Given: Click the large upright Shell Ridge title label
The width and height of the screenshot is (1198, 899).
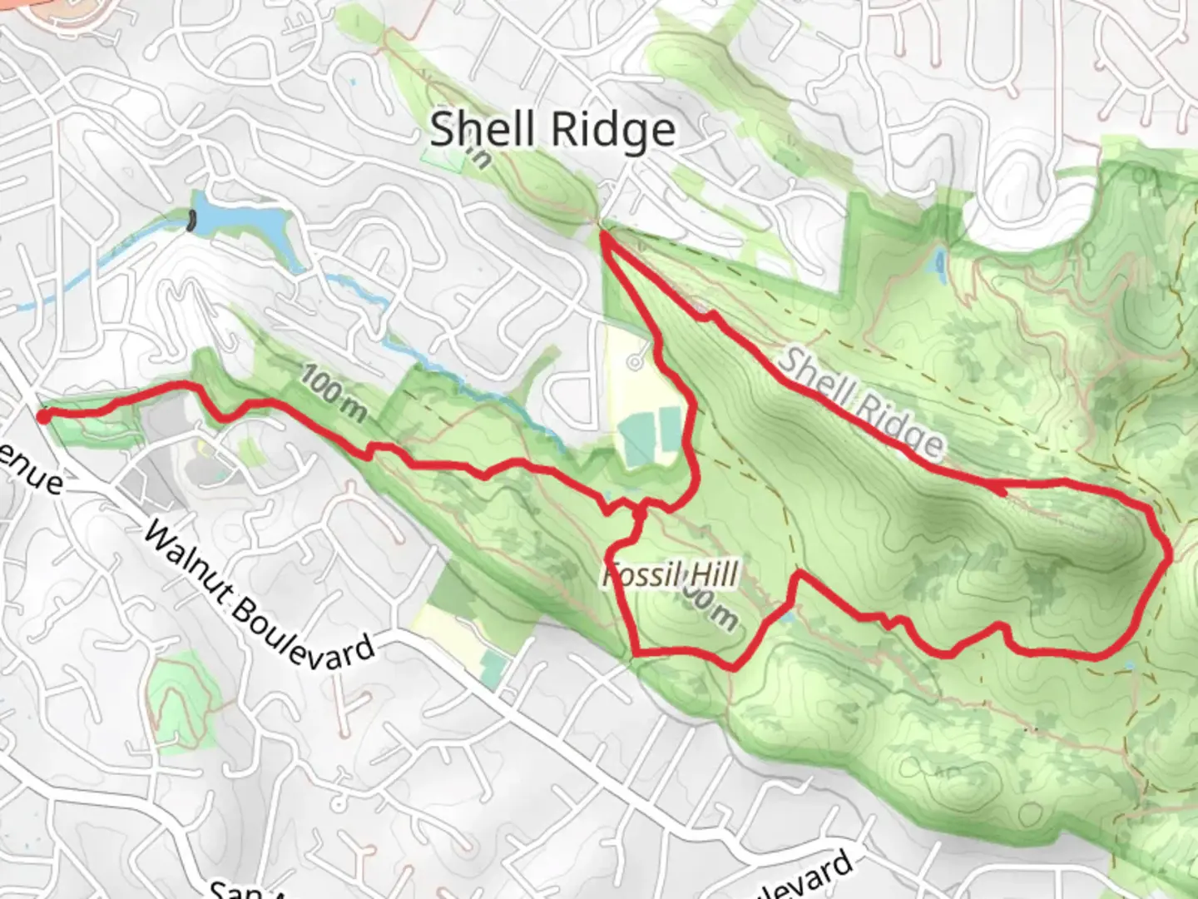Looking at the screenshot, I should tap(552, 130).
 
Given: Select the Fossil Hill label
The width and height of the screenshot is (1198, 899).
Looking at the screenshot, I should tap(671, 574).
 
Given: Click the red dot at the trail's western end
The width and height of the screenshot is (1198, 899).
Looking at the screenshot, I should tap(44, 416).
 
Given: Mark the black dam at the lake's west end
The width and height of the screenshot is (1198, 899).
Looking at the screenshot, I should tap(193, 221).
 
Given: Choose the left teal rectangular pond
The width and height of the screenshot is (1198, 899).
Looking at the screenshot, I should tap(638, 442).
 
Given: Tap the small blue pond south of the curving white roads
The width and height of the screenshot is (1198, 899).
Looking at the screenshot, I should tap(940, 264).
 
